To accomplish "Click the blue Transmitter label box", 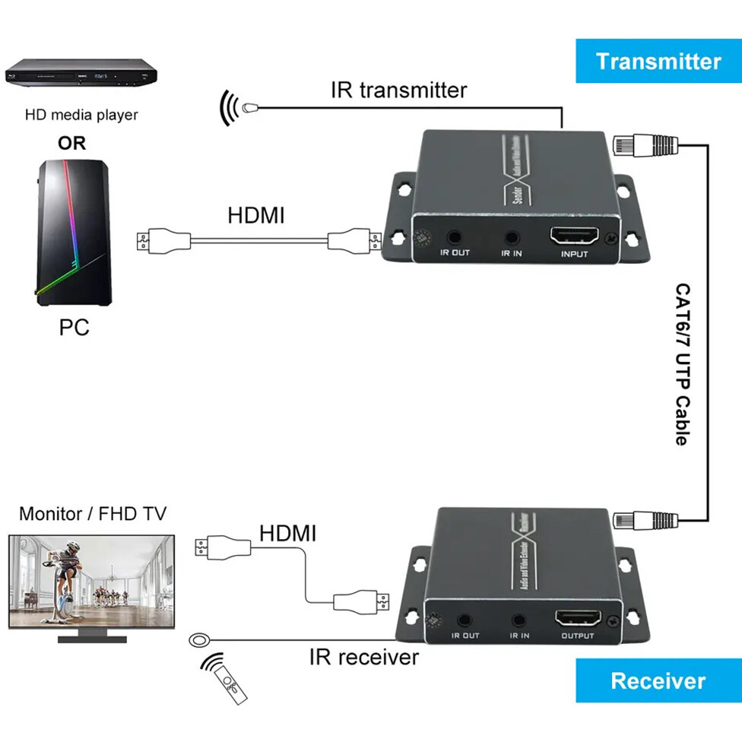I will [658, 61].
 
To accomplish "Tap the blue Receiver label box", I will [658, 680].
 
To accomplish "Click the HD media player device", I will [81, 77].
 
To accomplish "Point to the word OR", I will [72, 143].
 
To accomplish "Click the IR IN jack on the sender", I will [511, 239].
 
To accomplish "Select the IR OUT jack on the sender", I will [455, 239].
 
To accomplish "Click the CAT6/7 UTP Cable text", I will [683, 364].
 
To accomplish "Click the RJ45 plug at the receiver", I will [642, 520].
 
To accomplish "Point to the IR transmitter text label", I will [398, 90].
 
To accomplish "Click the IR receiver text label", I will [364, 656].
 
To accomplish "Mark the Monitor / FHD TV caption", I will [93, 514].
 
